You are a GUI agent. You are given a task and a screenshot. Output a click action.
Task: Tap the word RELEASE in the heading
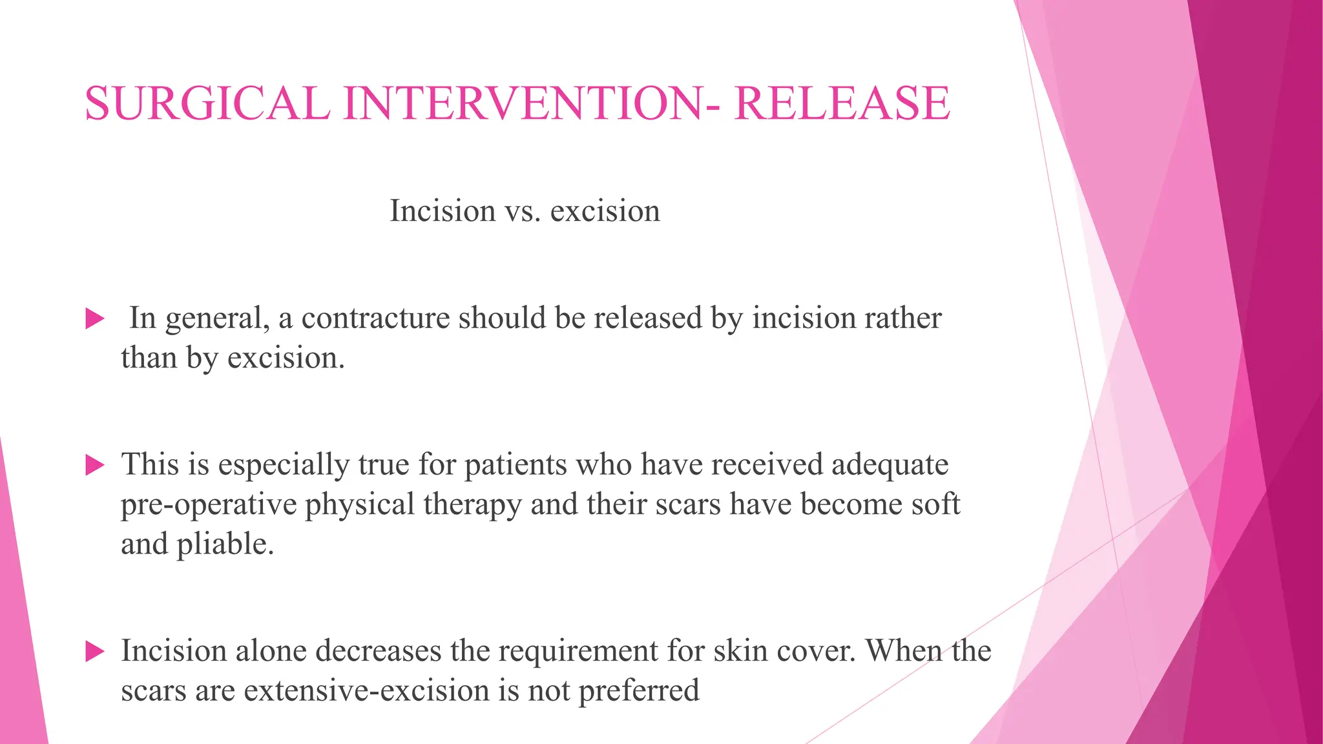click(842, 103)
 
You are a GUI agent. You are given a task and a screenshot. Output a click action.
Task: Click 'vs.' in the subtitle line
click(522, 211)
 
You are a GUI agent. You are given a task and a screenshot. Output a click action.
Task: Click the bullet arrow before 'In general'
click(95, 318)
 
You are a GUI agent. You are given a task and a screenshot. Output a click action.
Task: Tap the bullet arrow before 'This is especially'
click(95, 465)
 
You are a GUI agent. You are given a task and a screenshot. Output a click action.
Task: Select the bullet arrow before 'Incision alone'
click(95, 651)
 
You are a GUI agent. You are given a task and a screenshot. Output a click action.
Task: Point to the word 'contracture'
click(375, 318)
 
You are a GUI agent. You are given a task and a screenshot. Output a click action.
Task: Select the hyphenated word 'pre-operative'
click(208, 505)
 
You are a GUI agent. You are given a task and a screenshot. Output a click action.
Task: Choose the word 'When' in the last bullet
click(903, 651)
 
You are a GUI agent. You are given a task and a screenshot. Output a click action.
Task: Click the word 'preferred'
click(638, 691)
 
